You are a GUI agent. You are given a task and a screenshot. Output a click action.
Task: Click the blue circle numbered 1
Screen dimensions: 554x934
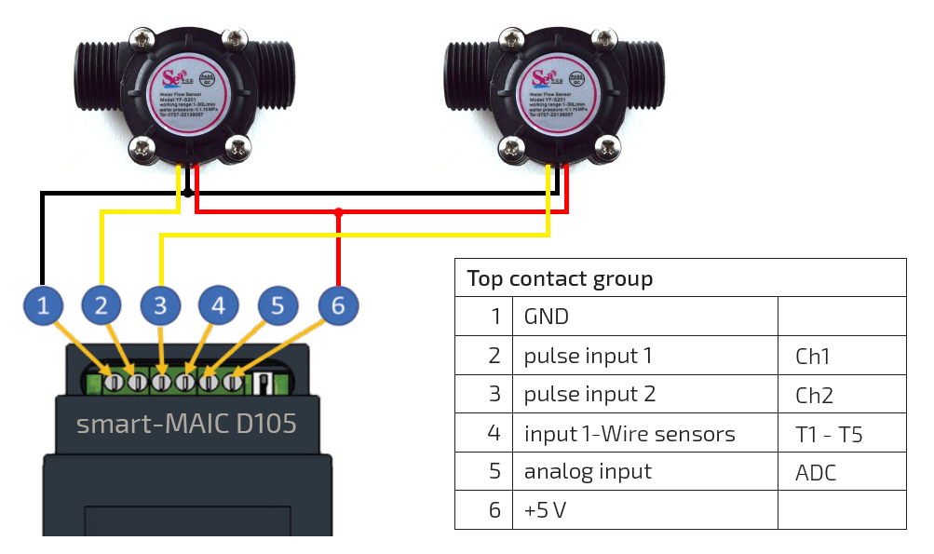tap(43, 304)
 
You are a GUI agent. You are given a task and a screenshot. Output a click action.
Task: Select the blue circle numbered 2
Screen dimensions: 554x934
tap(102, 304)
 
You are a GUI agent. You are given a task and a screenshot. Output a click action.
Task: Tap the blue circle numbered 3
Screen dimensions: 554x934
tap(161, 304)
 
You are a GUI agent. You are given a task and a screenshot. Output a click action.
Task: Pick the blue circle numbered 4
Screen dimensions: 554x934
tap(218, 304)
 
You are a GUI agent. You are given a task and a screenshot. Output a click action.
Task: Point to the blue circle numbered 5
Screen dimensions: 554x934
tap(277, 304)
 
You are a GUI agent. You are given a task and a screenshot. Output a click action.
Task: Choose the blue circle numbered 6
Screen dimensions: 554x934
tap(337, 304)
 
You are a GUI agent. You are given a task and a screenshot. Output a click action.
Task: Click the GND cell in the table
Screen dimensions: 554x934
tap(547, 317)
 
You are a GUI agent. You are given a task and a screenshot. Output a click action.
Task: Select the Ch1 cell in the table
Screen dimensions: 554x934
tap(812, 356)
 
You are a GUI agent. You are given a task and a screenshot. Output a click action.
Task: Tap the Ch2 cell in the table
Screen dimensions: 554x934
tap(814, 395)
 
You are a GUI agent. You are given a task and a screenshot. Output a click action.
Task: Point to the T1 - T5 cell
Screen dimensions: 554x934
tap(829, 434)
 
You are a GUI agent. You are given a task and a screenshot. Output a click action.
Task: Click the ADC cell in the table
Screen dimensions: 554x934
tap(816, 472)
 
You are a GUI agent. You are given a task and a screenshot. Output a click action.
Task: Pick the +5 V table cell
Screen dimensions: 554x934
tap(545, 510)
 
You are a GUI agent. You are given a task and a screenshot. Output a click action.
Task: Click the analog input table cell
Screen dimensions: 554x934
tap(588, 472)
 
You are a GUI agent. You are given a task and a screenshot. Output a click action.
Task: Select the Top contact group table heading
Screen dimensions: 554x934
tap(560, 278)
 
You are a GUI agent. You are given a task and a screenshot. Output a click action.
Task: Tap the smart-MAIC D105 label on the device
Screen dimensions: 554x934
tap(186, 424)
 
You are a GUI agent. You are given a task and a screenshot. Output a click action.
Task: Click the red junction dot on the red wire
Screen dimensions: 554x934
tap(339, 213)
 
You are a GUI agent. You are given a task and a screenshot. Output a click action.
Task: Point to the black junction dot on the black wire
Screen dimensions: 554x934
tap(187, 193)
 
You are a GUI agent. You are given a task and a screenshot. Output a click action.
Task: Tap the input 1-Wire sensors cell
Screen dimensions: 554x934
tap(629, 434)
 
